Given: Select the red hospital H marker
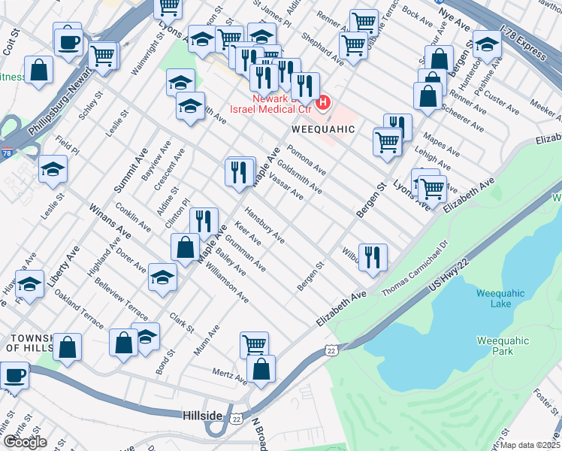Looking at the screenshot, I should [325, 101].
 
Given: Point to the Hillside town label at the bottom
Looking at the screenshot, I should [202, 415].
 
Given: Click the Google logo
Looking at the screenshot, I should [26, 442].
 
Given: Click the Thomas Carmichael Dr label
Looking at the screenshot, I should [415, 268].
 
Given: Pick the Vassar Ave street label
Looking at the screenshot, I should [286, 186].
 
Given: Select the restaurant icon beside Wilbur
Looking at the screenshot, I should [373, 256].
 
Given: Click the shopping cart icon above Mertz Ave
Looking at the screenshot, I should [254, 345].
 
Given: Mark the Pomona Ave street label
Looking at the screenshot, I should [309, 159].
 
